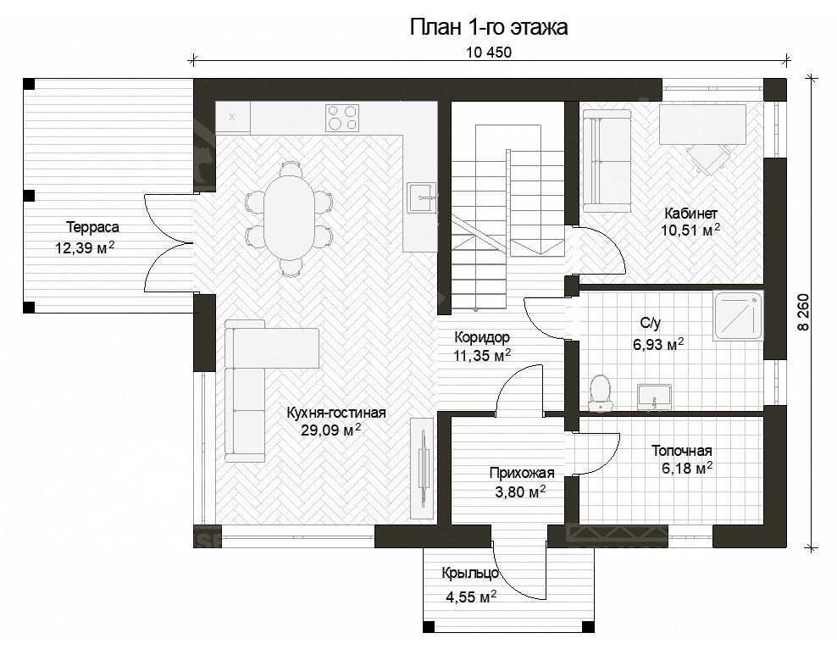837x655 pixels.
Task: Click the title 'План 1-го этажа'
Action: pos(489,27)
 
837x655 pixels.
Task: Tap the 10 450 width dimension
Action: pos(489,53)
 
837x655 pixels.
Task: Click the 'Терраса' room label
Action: pos(92,227)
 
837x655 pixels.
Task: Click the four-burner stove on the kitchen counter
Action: pos(342,118)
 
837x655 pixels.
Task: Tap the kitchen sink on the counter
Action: pos(421,197)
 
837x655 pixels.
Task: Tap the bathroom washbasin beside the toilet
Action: pos(653,395)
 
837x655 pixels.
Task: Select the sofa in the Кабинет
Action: pos(606,163)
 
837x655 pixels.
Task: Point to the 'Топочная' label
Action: pos(681,451)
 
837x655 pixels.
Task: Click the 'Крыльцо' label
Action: pos(469,574)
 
